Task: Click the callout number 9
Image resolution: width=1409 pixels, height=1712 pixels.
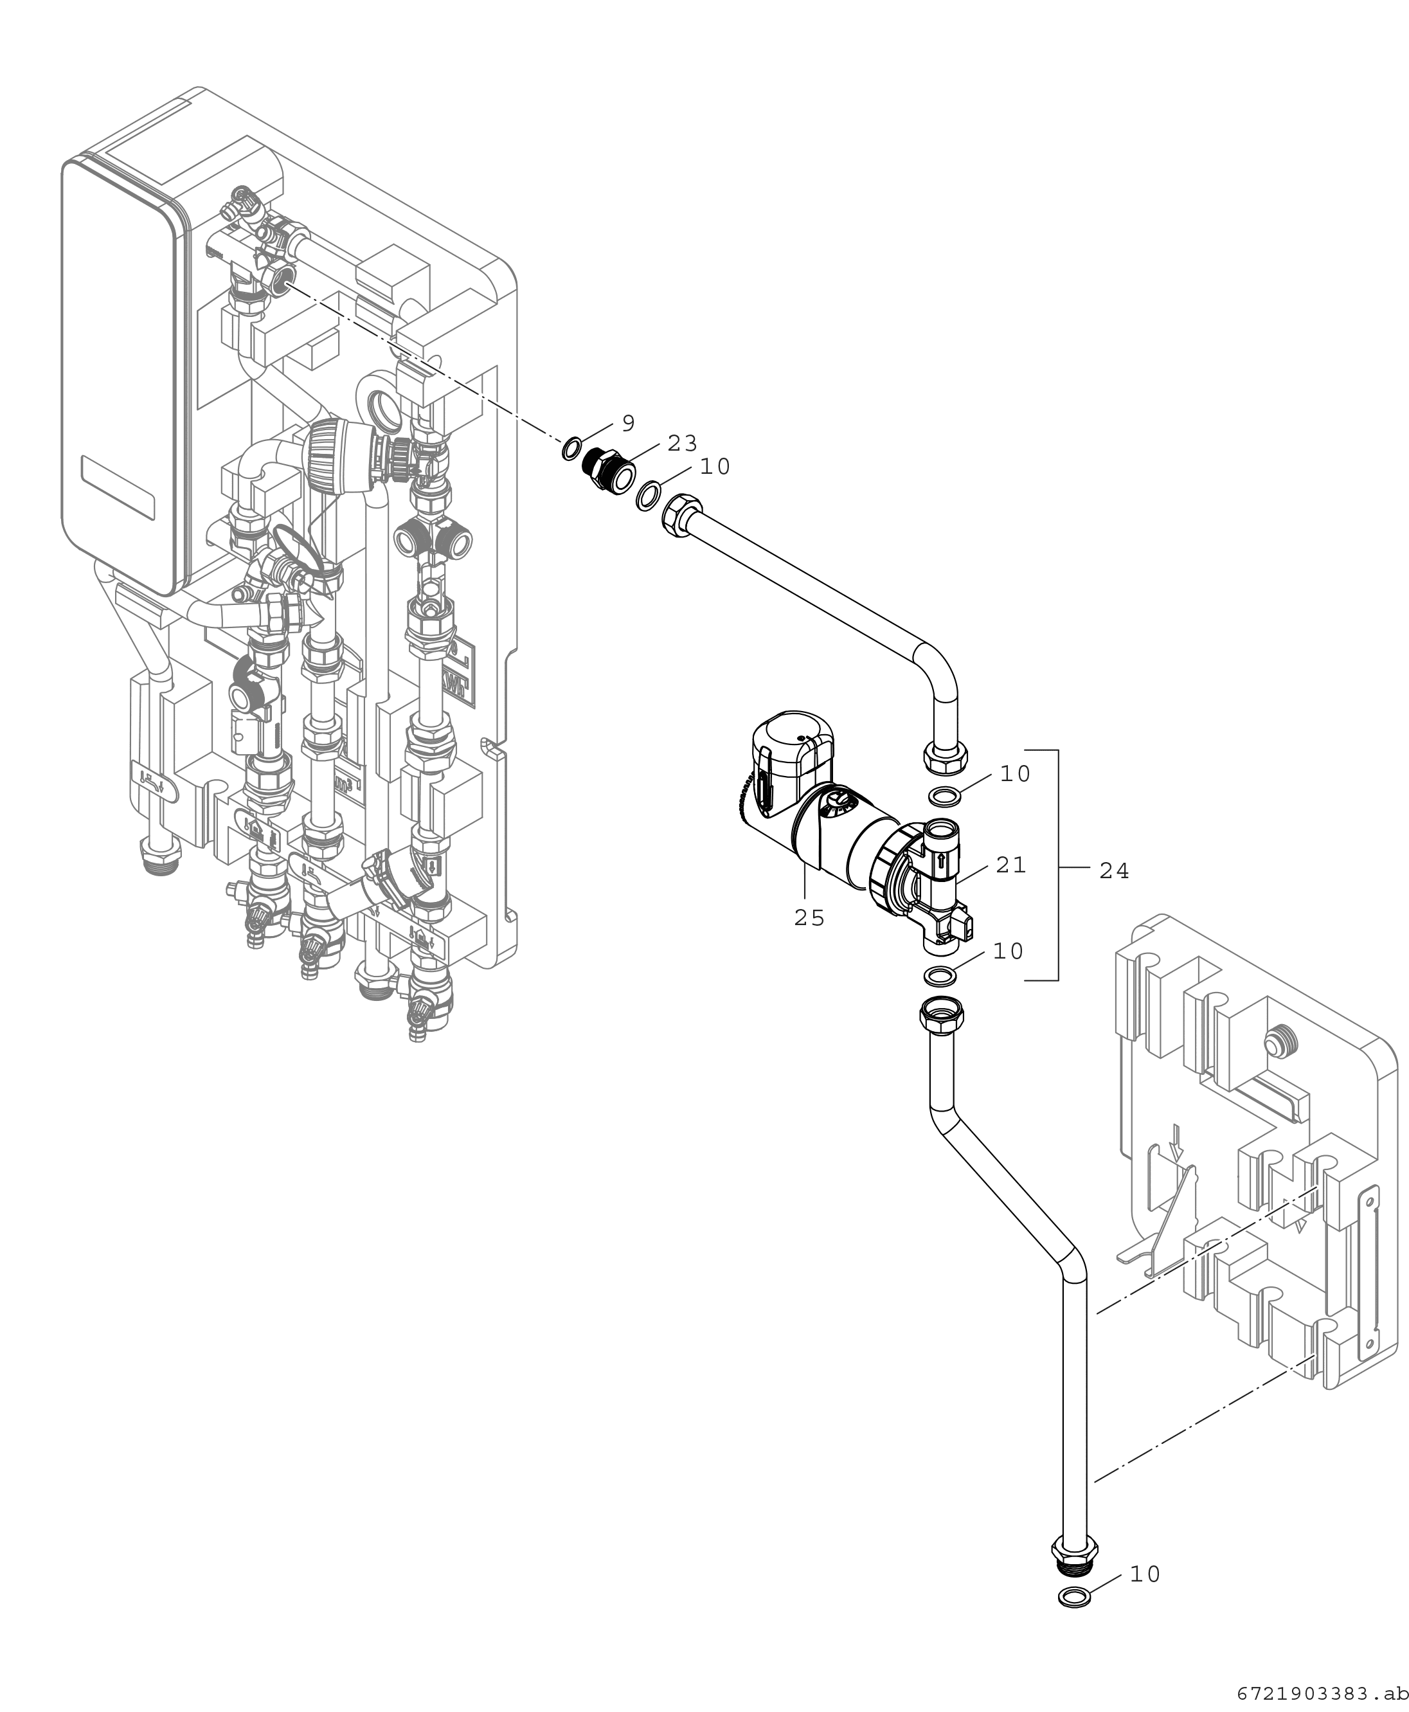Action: (x=628, y=423)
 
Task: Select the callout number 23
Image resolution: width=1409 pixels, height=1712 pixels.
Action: (x=683, y=443)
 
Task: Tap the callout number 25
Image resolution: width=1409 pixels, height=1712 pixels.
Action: (x=809, y=918)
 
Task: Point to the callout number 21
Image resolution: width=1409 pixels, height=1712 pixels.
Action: (x=1011, y=865)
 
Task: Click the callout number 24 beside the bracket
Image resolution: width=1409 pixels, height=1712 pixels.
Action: (x=1115, y=871)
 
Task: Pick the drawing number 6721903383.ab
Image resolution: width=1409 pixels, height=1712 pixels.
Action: (x=1323, y=1694)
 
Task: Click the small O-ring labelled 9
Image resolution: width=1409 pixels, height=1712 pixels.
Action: (x=571, y=448)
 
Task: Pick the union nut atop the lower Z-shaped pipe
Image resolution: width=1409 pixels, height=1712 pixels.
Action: (x=942, y=1014)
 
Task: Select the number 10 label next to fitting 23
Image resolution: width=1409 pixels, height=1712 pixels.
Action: (x=715, y=467)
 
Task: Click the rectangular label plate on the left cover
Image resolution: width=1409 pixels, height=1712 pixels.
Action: (x=118, y=488)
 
